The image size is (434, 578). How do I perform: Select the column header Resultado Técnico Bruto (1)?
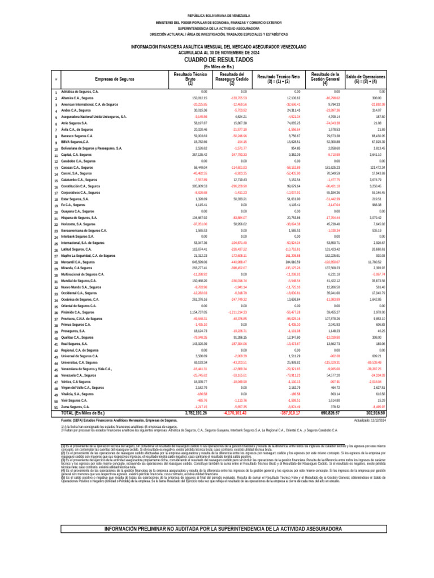[x=190, y=79]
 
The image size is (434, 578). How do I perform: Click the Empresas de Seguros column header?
[x=115, y=79]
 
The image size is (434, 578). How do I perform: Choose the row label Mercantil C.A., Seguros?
[x=78, y=262]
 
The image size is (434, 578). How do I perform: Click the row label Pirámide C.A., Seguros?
[x=77, y=312]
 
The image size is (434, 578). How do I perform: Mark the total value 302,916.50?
[x=372, y=413]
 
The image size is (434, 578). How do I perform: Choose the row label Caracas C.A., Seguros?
[x=77, y=168]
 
